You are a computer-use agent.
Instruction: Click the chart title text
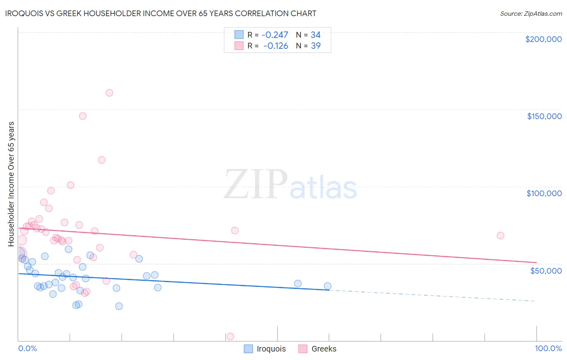point(161,13)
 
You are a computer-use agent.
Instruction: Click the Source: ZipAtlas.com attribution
point(531,13)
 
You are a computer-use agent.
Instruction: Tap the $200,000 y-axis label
point(543,39)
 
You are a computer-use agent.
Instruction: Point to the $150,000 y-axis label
point(544,116)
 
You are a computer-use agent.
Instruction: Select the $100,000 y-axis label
point(544,193)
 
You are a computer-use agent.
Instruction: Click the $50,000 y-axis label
point(546,270)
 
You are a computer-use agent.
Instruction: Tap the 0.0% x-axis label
point(27,348)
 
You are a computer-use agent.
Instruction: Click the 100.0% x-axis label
point(548,348)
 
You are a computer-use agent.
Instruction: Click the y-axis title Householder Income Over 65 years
point(11,184)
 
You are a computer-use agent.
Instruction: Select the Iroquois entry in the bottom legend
point(271,349)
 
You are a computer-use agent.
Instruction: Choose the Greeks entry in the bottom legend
point(323,349)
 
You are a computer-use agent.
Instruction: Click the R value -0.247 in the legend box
point(275,35)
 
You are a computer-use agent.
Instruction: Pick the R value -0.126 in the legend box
point(275,46)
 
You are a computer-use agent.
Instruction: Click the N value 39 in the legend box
point(315,46)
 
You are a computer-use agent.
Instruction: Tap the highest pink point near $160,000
point(109,93)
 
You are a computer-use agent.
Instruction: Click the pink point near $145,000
point(83,116)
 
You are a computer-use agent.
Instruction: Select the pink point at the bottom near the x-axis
point(230,337)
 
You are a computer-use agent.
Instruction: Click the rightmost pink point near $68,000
point(500,236)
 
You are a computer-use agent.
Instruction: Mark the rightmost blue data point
point(327,286)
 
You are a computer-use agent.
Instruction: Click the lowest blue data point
point(119,306)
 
